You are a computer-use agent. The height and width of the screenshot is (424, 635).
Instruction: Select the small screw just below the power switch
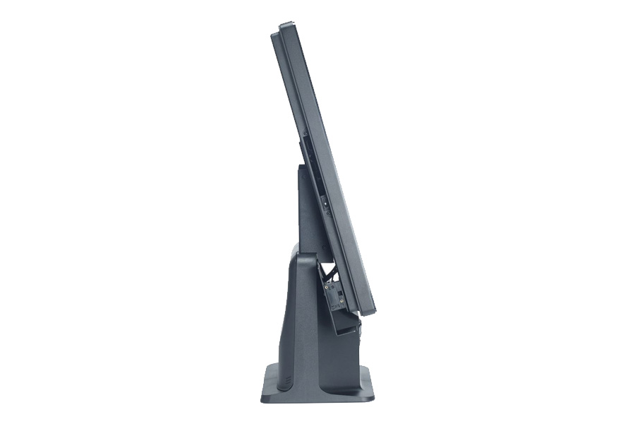point(327,211)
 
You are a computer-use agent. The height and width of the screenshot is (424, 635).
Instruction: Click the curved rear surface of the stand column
point(282,318)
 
